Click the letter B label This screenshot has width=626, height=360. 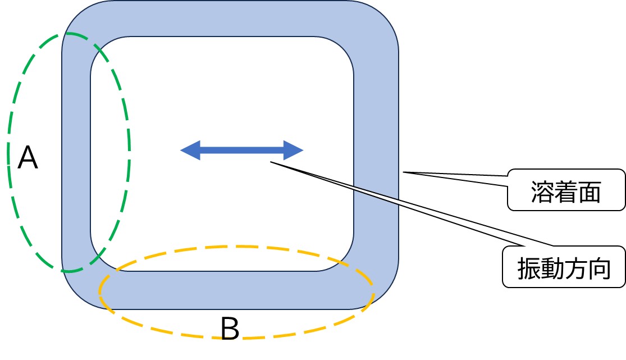(x=230, y=330)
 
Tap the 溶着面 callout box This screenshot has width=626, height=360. (x=566, y=190)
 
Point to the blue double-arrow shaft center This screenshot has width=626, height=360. (x=241, y=150)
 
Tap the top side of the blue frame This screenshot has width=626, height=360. (x=225, y=19)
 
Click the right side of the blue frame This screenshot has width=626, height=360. (x=376, y=112)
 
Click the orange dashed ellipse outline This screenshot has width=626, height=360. (x=372, y=292)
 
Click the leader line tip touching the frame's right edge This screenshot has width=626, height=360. (x=404, y=172)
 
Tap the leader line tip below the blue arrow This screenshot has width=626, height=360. (x=271, y=163)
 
